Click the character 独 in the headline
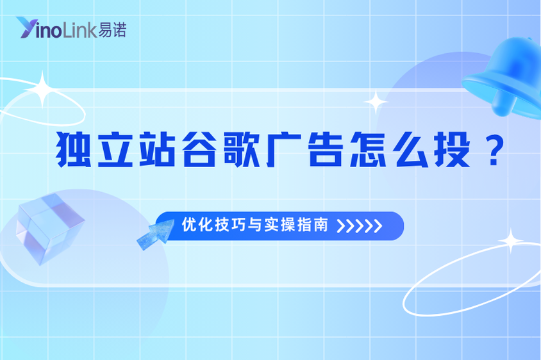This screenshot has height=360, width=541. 72,152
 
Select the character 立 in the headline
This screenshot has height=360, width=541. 112,152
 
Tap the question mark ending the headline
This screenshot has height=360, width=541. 491,152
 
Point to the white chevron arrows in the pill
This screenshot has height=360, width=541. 360,226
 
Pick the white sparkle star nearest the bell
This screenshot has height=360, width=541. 375,102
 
